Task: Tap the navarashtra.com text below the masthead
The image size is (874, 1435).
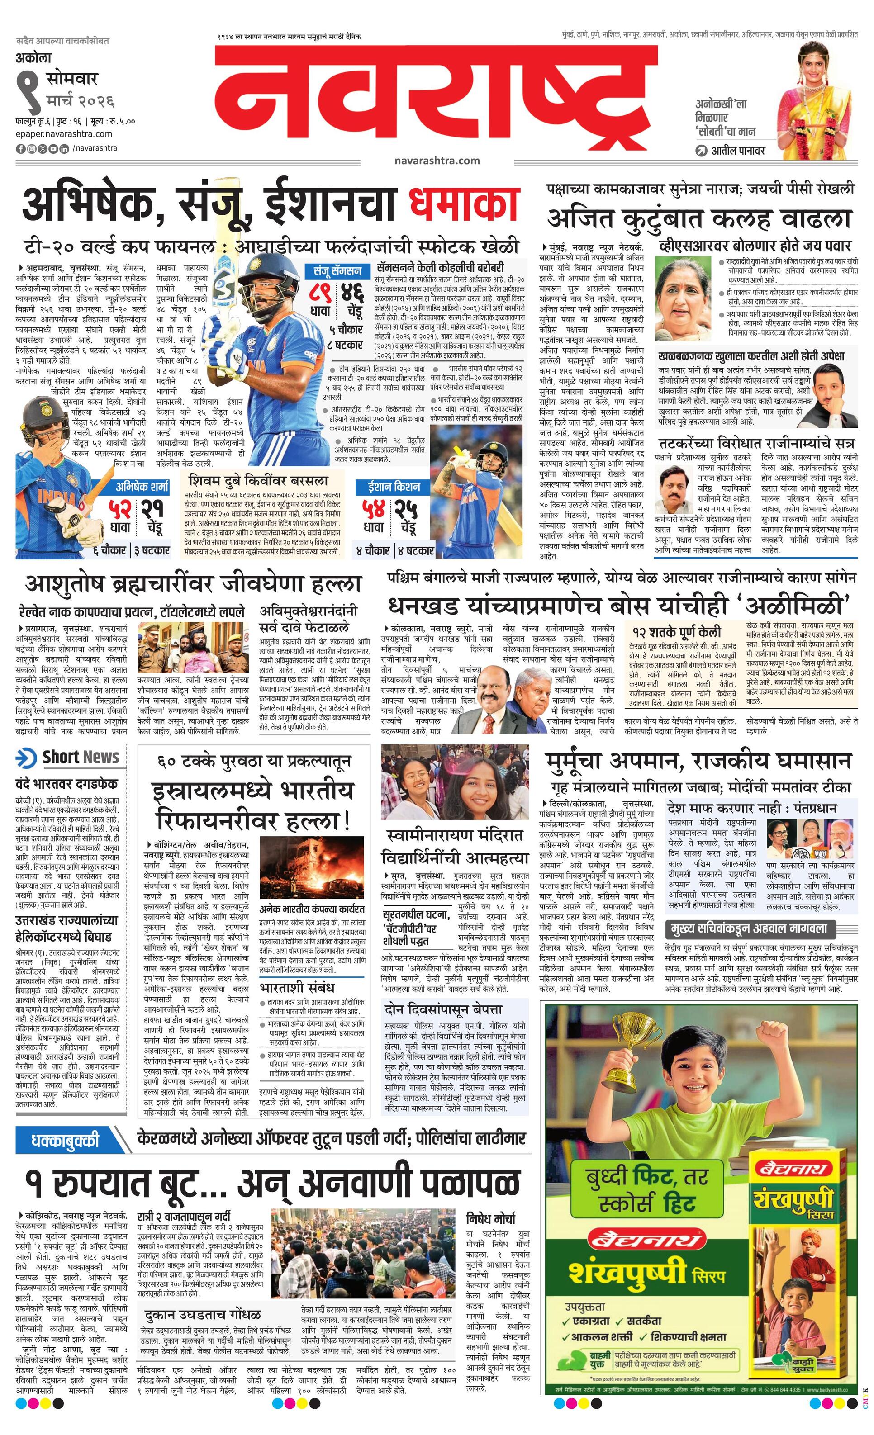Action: (x=437, y=160)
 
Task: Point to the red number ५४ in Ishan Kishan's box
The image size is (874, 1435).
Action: (x=374, y=508)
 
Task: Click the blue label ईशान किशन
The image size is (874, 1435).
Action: (x=394, y=486)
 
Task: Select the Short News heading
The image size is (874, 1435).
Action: (x=81, y=757)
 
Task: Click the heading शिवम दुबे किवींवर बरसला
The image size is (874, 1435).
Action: (x=258, y=481)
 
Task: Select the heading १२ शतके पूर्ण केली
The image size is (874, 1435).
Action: (x=676, y=632)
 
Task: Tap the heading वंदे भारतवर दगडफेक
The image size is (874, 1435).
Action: (x=66, y=783)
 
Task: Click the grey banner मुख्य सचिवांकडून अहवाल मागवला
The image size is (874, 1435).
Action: (x=750, y=929)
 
